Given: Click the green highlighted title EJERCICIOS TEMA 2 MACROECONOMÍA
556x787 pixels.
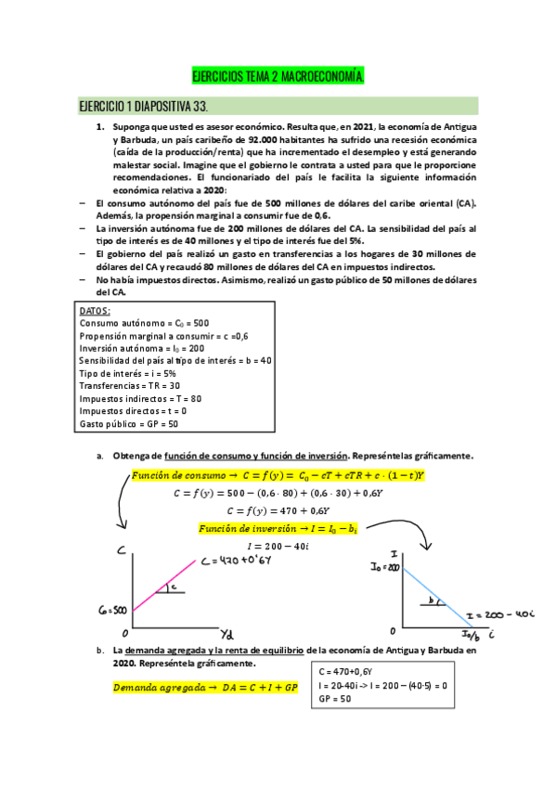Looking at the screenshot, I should (x=277, y=75).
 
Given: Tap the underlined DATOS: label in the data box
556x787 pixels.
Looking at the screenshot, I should (x=96, y=311).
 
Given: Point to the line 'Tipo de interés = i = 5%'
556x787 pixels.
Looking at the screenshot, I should (x=130, y=373).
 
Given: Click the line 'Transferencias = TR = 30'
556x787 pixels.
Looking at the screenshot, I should (x=130, y=385).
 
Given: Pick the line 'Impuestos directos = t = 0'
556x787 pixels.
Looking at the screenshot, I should (x=133, y=410).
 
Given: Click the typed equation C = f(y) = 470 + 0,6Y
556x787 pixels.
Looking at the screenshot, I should (x=278, y=510).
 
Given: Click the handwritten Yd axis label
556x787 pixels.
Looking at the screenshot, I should (x=226, y=633).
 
